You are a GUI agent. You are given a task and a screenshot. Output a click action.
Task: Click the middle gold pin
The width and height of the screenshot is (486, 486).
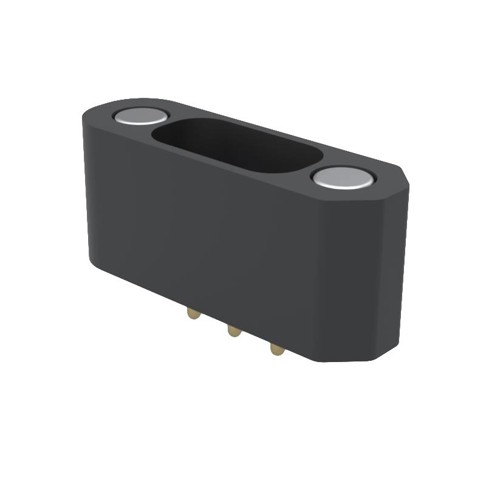[233, 331]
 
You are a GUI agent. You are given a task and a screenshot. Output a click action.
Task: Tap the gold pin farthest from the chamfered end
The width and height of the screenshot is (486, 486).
[193, 313]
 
